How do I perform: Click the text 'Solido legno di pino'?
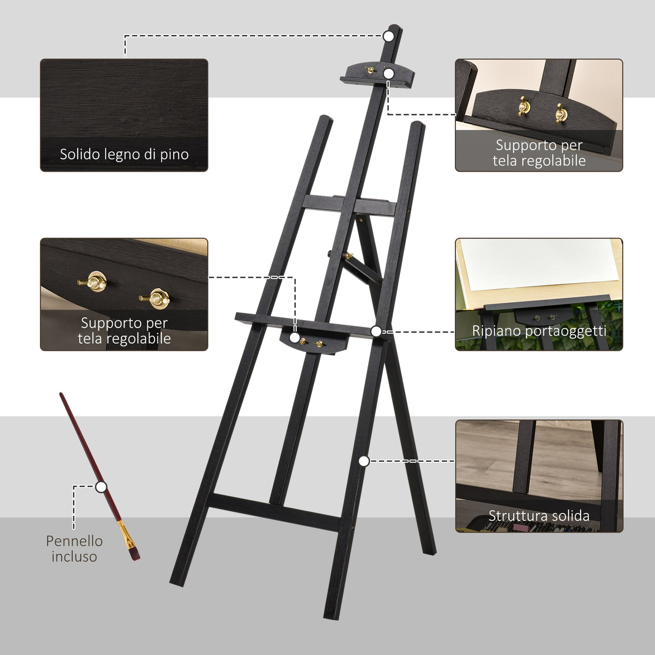click(x=124, y=154)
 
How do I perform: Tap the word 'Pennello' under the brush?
click(x=74, y=541)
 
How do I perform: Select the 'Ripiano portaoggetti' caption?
click(x=539, y=331)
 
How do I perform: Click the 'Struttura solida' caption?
click(x=539, y=516)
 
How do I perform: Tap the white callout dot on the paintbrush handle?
click(x=101, y=487)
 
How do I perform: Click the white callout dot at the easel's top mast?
click(x=388, y=36)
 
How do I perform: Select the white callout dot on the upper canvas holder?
click(x=389, y=73)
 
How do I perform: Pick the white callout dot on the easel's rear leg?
click(x=364, y=461)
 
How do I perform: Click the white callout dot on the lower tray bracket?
click(x=294, y=338)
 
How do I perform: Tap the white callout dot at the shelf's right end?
click(x=376, y=331)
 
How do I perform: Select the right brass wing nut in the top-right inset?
click(x=561, y=112)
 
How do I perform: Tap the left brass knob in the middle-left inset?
click(x=96, y=281)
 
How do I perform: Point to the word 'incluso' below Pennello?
click(x=74, y=557)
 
